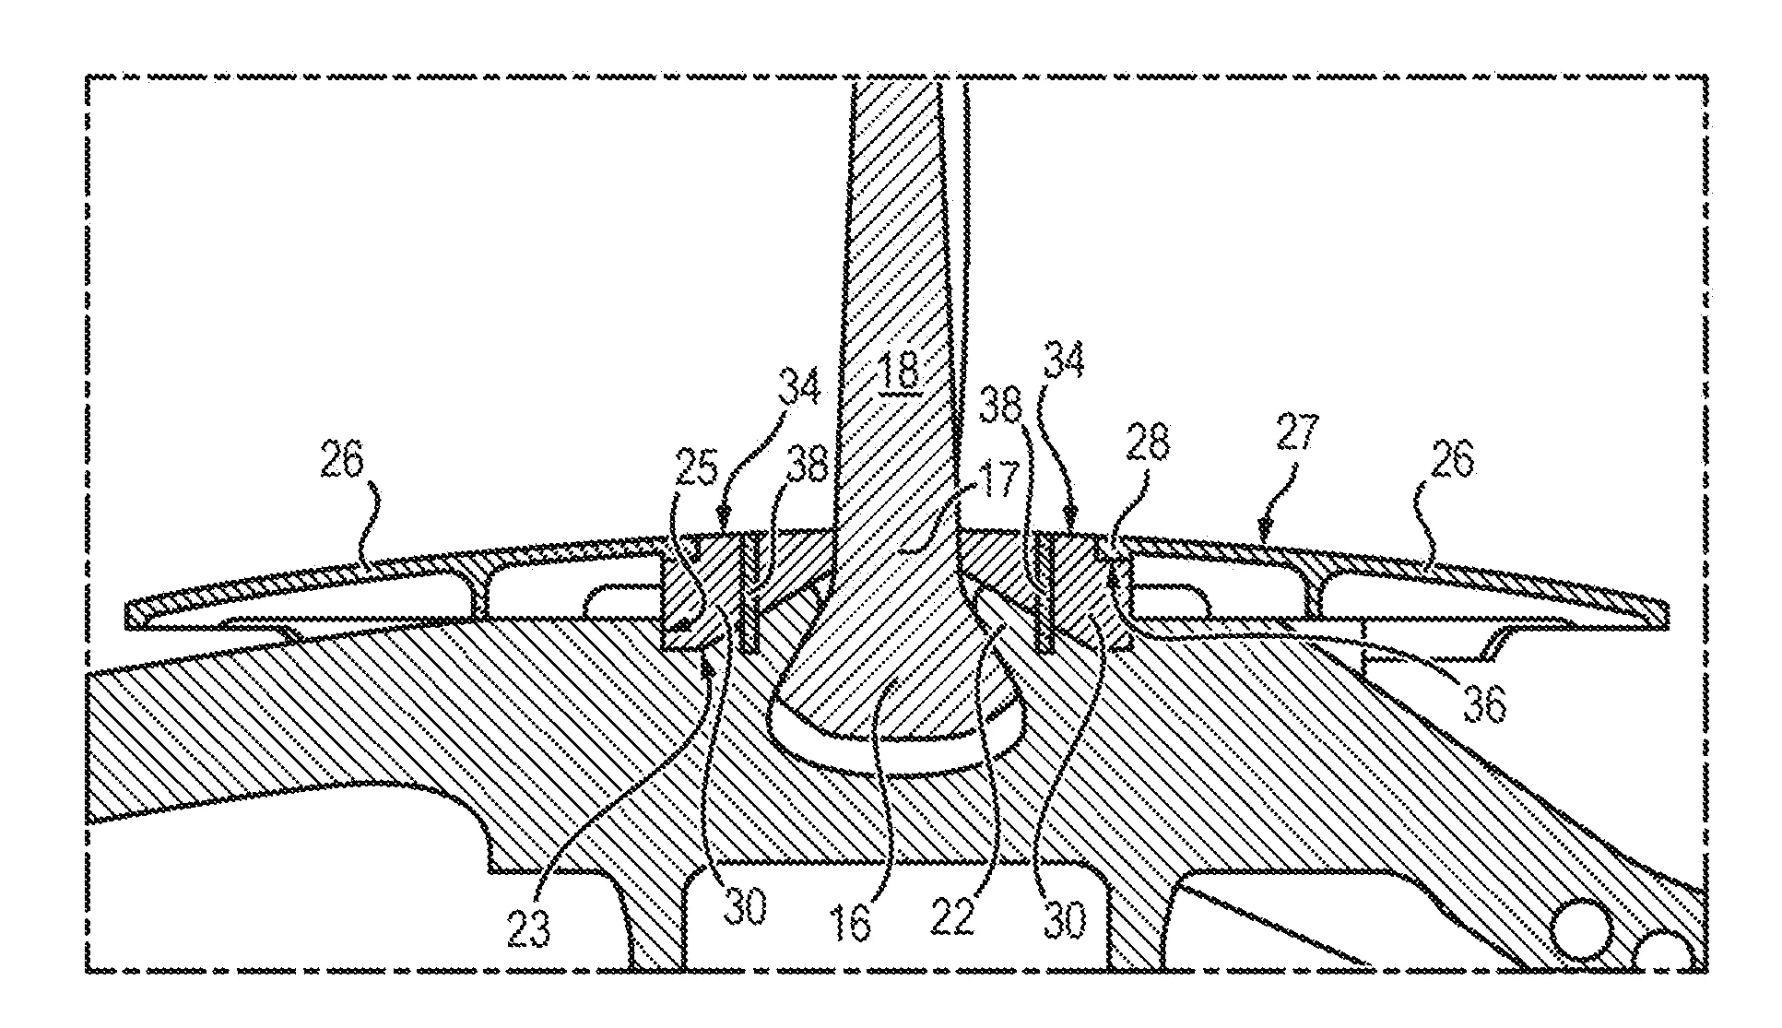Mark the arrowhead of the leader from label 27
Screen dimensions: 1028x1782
click(x=1265, y=532)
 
